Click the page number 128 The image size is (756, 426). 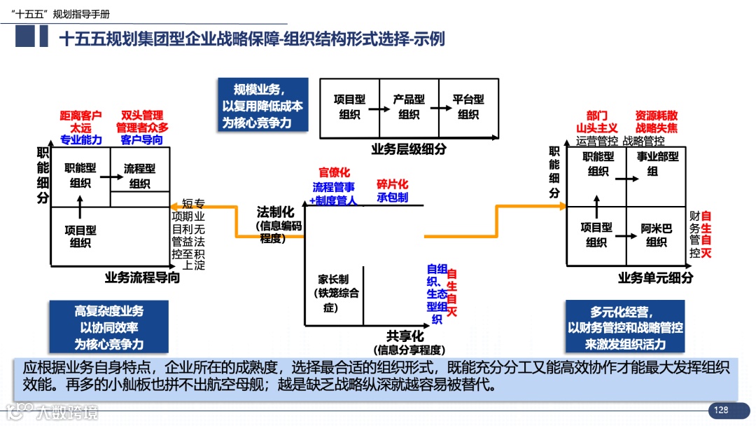[x=720, y=410]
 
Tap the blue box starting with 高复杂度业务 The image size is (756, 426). [x=108, y=327]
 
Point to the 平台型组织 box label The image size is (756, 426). [x=468, y=106]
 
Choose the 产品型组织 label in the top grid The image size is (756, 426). [x=409, y=106]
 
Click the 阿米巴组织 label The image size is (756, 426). [x=657, y=235]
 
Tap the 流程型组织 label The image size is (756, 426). [x=140, y=176]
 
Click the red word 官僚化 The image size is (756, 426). [x=334, y=172]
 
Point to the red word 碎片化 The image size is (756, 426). [x=392, y=184]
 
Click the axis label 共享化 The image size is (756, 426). [x=406, y=336]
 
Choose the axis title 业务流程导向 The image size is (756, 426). [x=142, y=277]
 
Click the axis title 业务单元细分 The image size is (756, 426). [x=655, y=277]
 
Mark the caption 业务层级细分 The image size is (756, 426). [x=408, y=149]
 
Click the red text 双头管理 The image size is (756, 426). [x=141, y=115]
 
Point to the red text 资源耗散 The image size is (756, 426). [x=656, y=115]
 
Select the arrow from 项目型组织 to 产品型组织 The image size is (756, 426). [x=379, y=109]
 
